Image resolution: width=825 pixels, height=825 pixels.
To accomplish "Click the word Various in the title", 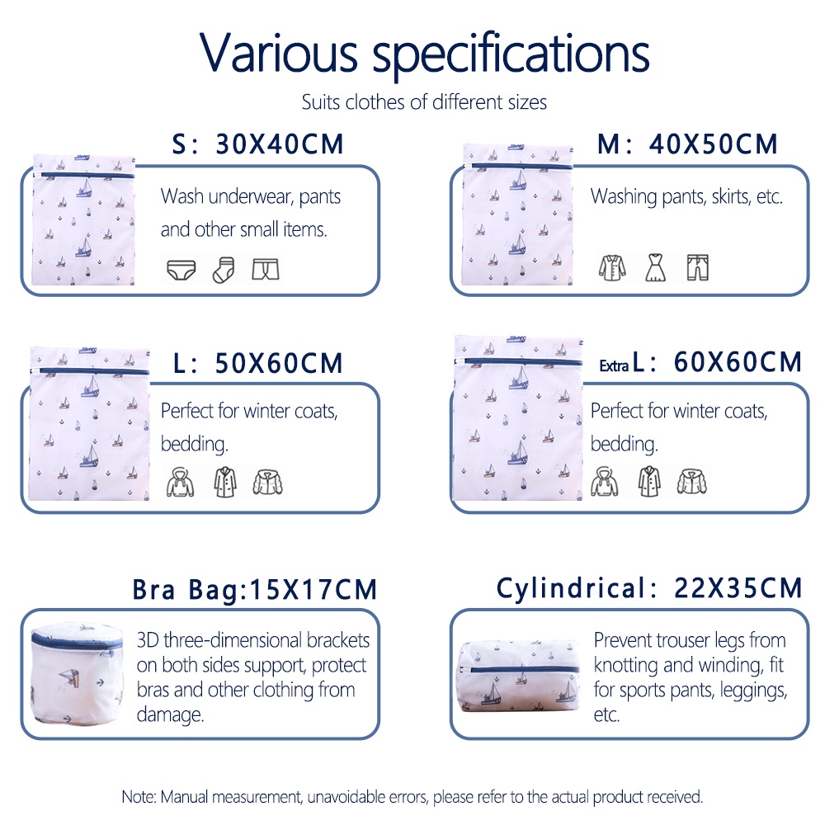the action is pyautogui.click(x=279, y=53).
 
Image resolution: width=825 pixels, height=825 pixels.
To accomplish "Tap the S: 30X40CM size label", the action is pyautogui.click(x=257, y=144).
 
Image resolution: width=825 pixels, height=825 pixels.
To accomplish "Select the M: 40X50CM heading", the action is pyautogui.click(x=687, y=144).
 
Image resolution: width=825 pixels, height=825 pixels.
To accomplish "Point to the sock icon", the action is pyautogui.click(x=224, y=270).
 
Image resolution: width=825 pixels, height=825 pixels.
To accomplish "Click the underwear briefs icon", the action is pyautogui.click(x=181, y=270).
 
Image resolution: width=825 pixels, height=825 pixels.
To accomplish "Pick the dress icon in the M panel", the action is pyautogui.click(x=656, y=267).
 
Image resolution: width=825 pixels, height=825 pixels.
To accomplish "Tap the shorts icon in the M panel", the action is pyautogui.click(x=698, y=267).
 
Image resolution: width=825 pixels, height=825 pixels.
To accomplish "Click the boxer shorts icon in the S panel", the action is pyautogui.click(x=265, y=270).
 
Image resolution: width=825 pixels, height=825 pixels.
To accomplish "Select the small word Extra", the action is pyautogui.click(x=614, y=365).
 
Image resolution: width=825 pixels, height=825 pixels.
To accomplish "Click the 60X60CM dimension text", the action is pyautogui.click(x=738, y=362).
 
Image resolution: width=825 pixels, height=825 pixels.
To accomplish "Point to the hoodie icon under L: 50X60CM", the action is pyautogui.click(x=180, y=482).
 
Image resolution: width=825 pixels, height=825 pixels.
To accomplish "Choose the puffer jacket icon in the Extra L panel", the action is pyautogui.click(x=692, y=482).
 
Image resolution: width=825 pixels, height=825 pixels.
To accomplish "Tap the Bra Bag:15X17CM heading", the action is pyautogui.click(x=255, y=589).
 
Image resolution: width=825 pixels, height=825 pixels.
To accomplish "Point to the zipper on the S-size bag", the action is pyautogui.click(x=84, y=175).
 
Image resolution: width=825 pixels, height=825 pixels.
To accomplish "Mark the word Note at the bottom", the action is pyautogui.click(x=139, y=797).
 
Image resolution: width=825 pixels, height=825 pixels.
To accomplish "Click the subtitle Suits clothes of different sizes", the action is pyautogui.click(x=424, y=102).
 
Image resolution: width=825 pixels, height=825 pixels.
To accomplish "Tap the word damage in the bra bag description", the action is pyautogui.click(x=170, y=714).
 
